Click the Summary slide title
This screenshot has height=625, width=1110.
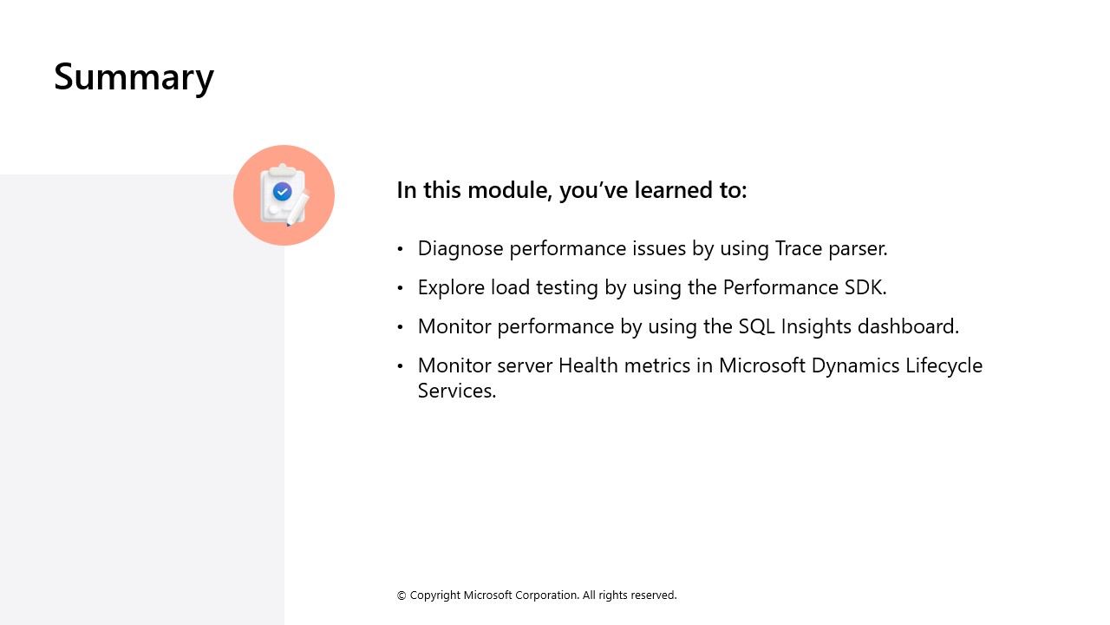point(134,77)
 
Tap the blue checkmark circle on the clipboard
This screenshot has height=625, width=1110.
point(283,192)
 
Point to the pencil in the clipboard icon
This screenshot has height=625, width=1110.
point(297,207)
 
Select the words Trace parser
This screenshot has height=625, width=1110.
point(831,248)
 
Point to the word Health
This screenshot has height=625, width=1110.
point(588,365)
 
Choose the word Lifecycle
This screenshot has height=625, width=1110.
point(944,366)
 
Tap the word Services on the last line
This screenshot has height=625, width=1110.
point(457,391)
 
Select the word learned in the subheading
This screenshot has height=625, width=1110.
point(671,190)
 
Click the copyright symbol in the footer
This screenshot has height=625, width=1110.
point(402,595)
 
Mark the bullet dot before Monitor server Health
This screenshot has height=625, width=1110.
point(401,366)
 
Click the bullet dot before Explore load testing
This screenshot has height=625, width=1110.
point(401,288)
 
